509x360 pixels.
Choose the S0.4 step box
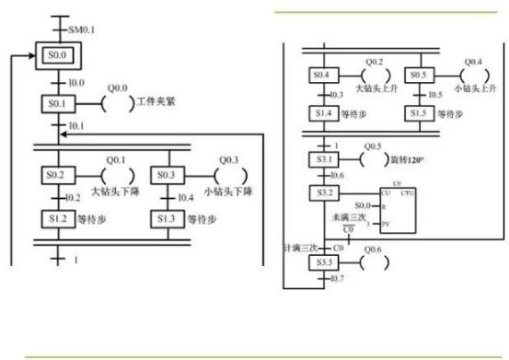pos(321,74)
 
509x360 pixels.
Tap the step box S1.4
pos(321,114)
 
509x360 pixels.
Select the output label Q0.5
pos(373,145)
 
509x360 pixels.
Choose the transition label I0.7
pos(335,278)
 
